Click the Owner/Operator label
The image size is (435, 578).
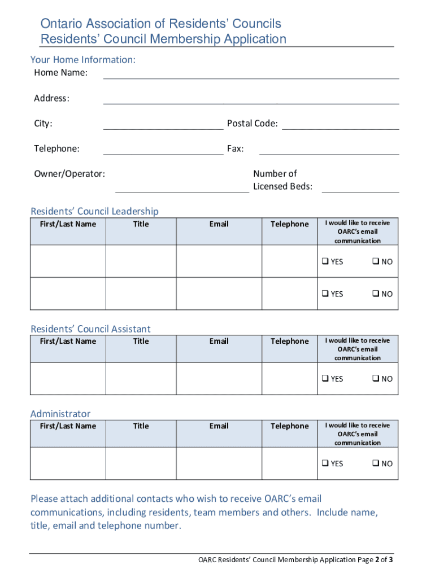[x=69, y=174]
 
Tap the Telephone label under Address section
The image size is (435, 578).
[x=56, y=149]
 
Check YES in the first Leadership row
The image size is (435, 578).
[x=326, y=262]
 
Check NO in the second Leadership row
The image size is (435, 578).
[x=375, y=294]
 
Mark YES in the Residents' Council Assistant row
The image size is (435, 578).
[x=326, y=379]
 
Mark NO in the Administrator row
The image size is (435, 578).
[x=375, y=463]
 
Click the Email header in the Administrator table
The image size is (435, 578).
[x=219, y=426]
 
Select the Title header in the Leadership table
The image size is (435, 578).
[x=141, y=224]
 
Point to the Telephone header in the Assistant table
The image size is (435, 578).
[x=289, y=341]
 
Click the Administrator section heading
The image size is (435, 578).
[x=60, y=414]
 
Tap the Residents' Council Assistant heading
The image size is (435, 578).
[x=90, y=329]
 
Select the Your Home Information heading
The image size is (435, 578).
[x=82, y=60]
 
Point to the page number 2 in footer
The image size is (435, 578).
[x=377, y=560]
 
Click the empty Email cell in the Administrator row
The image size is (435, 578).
[x=219, y=463]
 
